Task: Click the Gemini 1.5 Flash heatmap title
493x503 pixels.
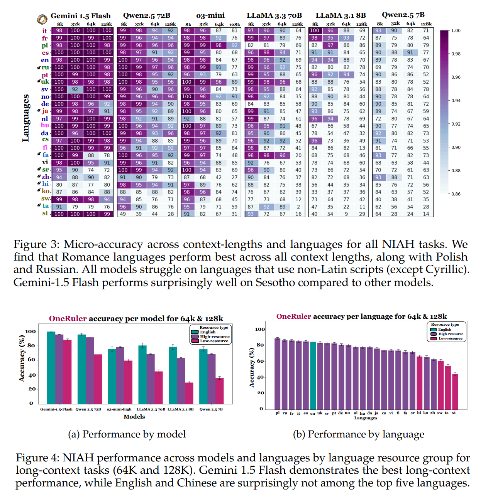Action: pos(80,16)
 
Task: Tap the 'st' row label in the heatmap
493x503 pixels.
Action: pos(45,214)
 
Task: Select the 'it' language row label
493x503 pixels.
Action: pos(45,31)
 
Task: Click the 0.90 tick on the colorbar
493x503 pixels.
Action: pos(456,147)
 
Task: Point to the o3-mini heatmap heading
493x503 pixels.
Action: pos(210,16)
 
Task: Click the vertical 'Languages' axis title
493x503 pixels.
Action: pos(26,118)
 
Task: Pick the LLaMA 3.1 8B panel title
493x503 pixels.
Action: pos(341,16)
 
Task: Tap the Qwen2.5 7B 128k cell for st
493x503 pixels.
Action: pos(426,214)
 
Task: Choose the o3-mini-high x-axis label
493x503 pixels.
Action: pos(119,409)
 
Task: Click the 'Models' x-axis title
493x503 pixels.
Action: pos(134,417)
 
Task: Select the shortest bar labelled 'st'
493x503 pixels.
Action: pos(455,391)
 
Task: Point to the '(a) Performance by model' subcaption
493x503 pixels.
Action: pos(127,434)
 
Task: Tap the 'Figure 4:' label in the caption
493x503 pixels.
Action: pos(37,458)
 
